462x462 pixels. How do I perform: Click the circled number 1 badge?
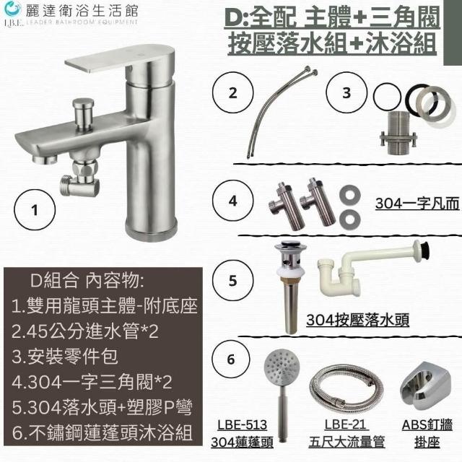click(x=35, y=210)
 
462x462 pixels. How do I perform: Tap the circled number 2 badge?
click(x=232, y=92)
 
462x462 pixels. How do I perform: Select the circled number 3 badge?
click(x=346, y=92)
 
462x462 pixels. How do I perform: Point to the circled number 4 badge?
click(x=232, y=201)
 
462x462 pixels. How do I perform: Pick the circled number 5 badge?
click(x=232, y=280)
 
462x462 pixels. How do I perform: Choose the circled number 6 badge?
click(x=231, y=359)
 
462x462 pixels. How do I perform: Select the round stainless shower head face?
click(x=282, y=368)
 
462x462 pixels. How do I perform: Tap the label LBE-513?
click(x=243, y=425)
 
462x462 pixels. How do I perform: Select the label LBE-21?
click(x=345, y=425)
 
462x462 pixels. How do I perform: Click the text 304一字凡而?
click(x=417, y=204)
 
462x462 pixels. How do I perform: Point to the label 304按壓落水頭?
click(x=358, y=320)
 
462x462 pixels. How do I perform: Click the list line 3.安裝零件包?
click(x=65, y=357)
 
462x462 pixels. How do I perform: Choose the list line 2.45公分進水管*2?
click(x=85, y=331)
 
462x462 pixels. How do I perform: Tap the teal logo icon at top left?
click(x=13, y=9)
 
